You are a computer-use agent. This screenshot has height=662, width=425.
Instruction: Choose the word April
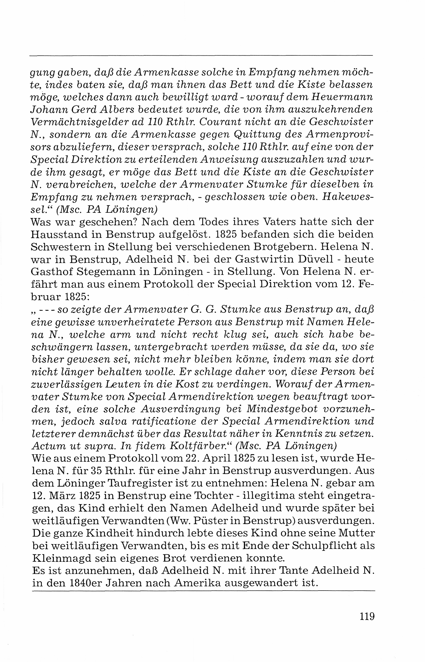tap(218, 458)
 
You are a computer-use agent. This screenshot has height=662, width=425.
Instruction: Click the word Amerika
tap(197, 583)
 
